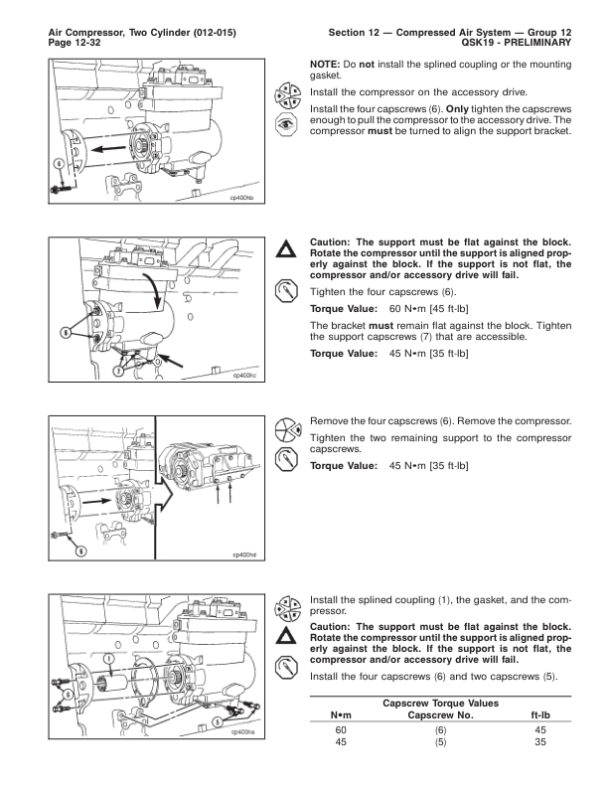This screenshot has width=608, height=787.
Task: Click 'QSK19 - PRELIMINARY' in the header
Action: [516, 45]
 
